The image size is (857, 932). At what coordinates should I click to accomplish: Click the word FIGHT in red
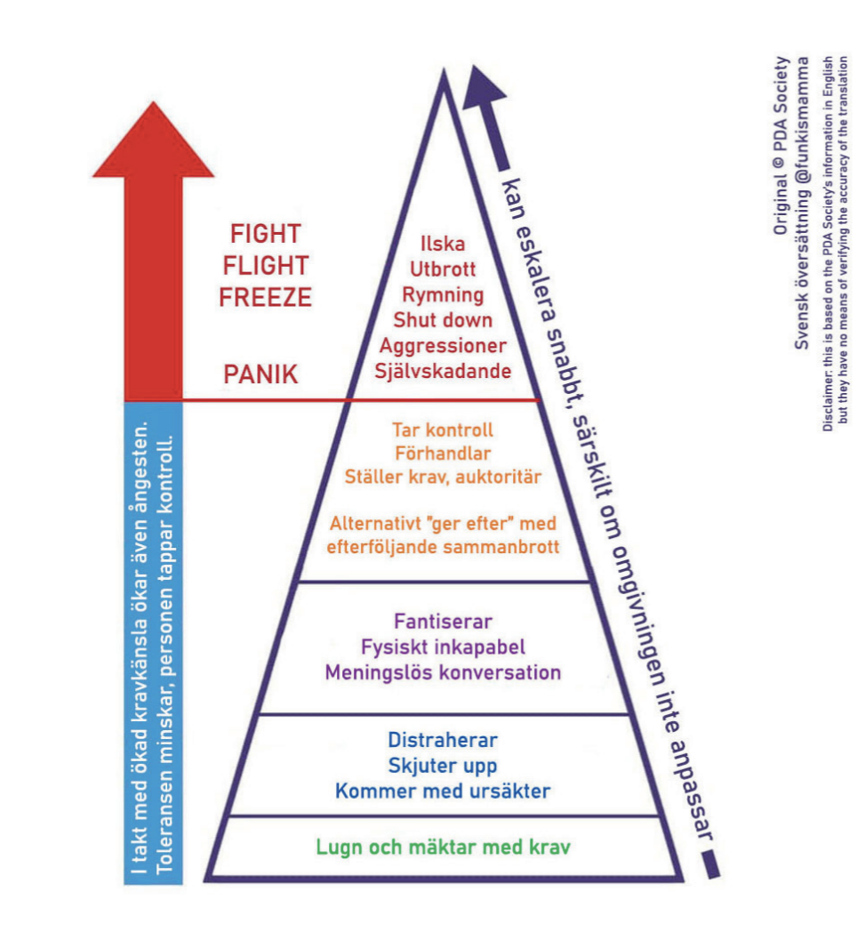click(266, 235)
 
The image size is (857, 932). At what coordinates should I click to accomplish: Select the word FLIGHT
click(266, 266)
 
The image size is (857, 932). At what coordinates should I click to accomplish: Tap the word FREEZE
click(266, 297)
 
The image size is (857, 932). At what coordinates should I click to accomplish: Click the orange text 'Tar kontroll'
click(442, 430)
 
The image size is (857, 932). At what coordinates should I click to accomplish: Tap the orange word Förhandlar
click(442, 453)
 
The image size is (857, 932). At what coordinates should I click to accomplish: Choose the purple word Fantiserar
click(442, 621)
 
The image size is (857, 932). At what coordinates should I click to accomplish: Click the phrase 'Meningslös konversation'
click(442, 672)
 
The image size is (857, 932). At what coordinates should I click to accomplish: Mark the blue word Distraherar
click(442, 741)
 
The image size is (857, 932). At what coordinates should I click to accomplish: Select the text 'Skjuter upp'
click(442, 766)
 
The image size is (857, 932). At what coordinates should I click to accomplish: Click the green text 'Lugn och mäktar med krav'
click(442, 846)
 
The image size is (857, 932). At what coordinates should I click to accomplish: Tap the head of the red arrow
click(153, 142)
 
